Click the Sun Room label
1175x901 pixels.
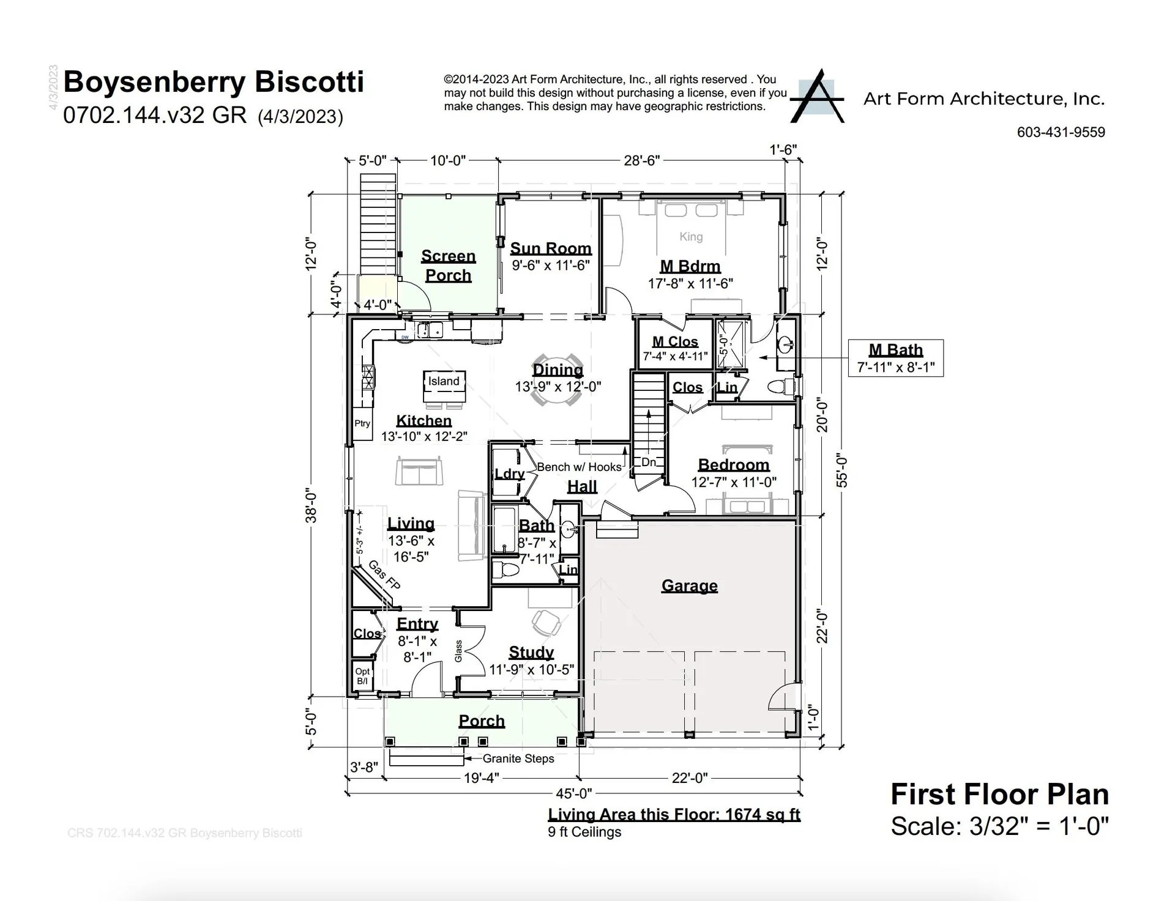551,248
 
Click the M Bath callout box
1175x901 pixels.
895,358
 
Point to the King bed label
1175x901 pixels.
691,237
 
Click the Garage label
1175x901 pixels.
689,585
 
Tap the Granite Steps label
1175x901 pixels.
518,758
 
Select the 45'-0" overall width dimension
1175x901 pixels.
573,793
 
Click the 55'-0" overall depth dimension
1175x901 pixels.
842,470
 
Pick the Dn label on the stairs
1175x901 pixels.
649,462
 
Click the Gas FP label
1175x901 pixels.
384,576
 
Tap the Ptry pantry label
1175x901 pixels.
362,423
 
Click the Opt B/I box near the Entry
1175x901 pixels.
362,676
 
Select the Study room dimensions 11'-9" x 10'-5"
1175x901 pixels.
531,670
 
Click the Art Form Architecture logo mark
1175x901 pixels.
818,97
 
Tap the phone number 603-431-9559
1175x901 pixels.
1061,132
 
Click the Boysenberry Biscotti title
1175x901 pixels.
214,82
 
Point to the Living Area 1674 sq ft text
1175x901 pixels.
674,814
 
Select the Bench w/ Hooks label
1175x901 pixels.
579,467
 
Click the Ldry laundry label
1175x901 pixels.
509,474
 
